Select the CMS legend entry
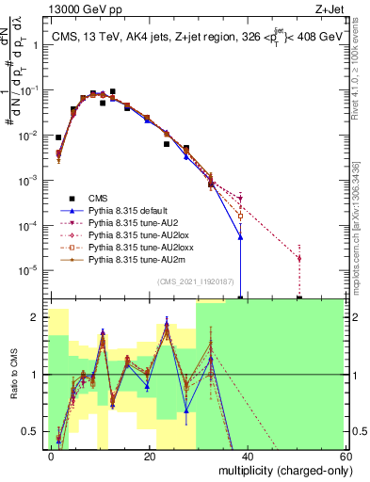pyautogui.click(x=98, y=198)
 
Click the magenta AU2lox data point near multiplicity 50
pyautogui.click(x=299, y=258)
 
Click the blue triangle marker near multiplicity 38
pyautogui.click(x=240, y=237)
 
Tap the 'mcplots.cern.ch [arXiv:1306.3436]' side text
pyautogui.click(x=362, y=217)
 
